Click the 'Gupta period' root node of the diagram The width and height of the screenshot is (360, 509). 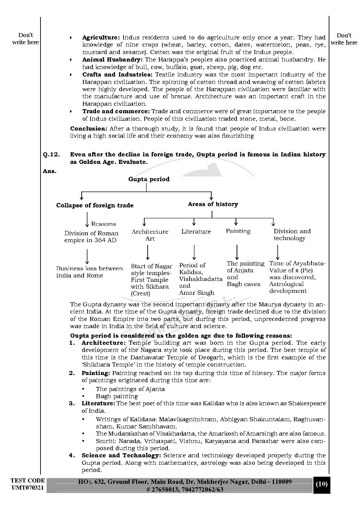(149, 179)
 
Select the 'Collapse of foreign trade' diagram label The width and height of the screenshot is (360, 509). (95, 205)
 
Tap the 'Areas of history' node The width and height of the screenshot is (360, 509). (213, 204)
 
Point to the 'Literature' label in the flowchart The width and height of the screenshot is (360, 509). (196, 232)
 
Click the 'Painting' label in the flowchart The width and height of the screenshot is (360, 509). (238, 231)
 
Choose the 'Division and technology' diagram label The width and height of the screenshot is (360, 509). (292, 235)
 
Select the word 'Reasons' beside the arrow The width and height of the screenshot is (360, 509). (103, 224)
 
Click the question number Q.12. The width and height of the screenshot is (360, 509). (51, 155)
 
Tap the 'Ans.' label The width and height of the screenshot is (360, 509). (50, 171)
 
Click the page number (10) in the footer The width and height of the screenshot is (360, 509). (322, 484)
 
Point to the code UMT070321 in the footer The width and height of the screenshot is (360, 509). (27, 488)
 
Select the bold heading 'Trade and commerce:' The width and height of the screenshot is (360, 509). (116, 112)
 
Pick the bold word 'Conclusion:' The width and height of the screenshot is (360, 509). (88, 129)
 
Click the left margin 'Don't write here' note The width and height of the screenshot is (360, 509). (26, 39)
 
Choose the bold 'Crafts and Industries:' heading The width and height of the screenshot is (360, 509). (117, 74)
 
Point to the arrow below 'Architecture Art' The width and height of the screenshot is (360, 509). (148, 253)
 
